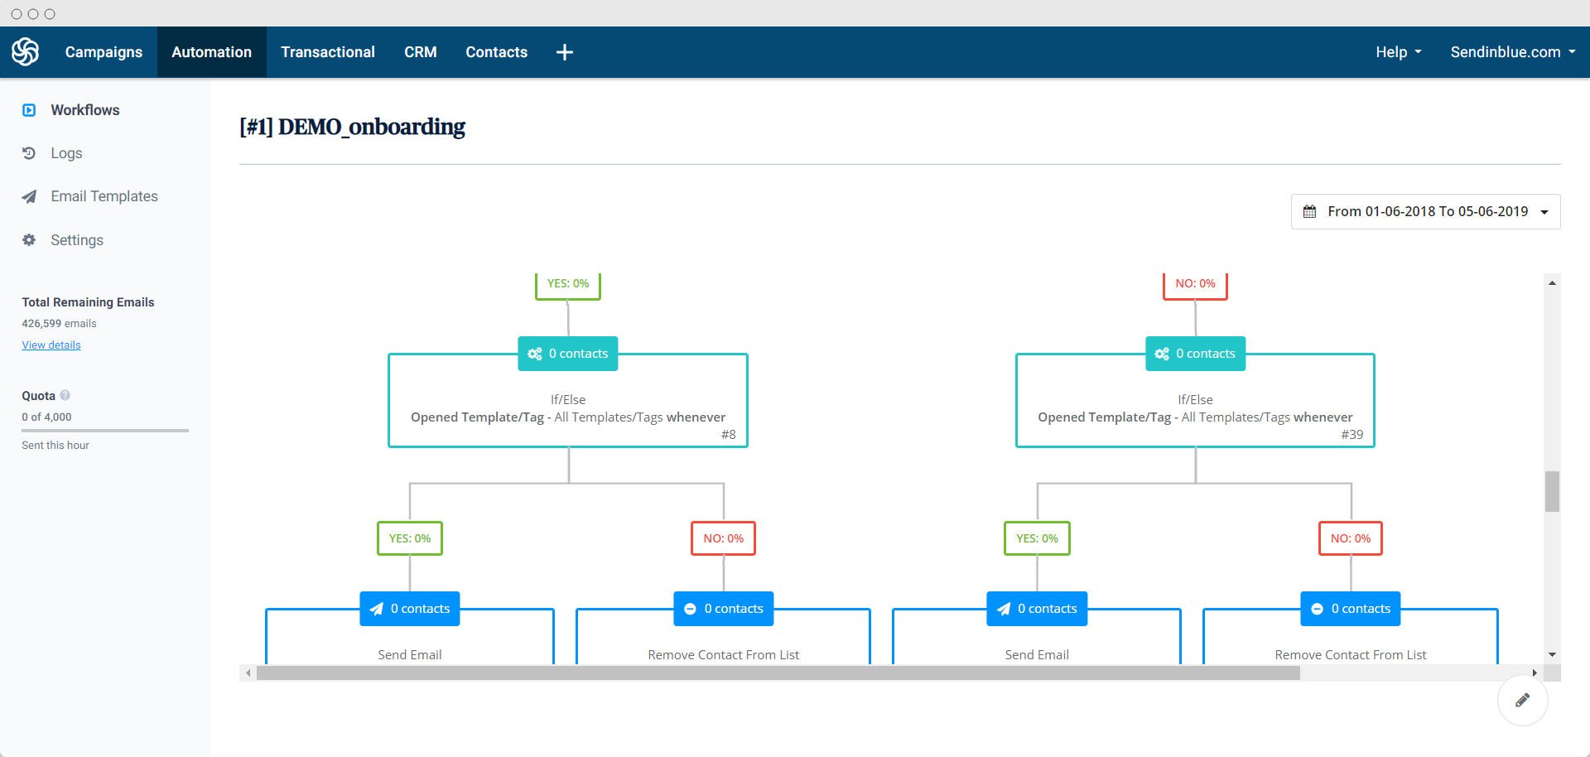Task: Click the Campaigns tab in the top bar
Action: pos(104,52)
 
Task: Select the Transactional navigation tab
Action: pos(328,52)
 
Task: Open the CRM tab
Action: pos(420,52)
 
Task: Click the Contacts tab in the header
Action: pos(496,52)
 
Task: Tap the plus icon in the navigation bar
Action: pos(565,52)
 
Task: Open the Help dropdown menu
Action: pos(1398,52)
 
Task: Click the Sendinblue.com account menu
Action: pos(1512,52)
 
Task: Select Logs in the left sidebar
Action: pos(66,153)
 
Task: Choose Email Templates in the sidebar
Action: pos(104,196)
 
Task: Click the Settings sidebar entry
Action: pos(77,240)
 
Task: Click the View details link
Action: pos(51,345)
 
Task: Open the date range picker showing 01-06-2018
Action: pos(1425,212)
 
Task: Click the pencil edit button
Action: pos(1522,701)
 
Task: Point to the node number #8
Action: pos(728,435)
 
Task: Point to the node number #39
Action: pos(1351,435)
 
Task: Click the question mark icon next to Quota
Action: pos(65,396)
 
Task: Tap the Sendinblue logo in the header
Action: pos(26,52)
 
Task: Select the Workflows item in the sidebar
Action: pos(84,110)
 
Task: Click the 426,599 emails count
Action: pos(59,324)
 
